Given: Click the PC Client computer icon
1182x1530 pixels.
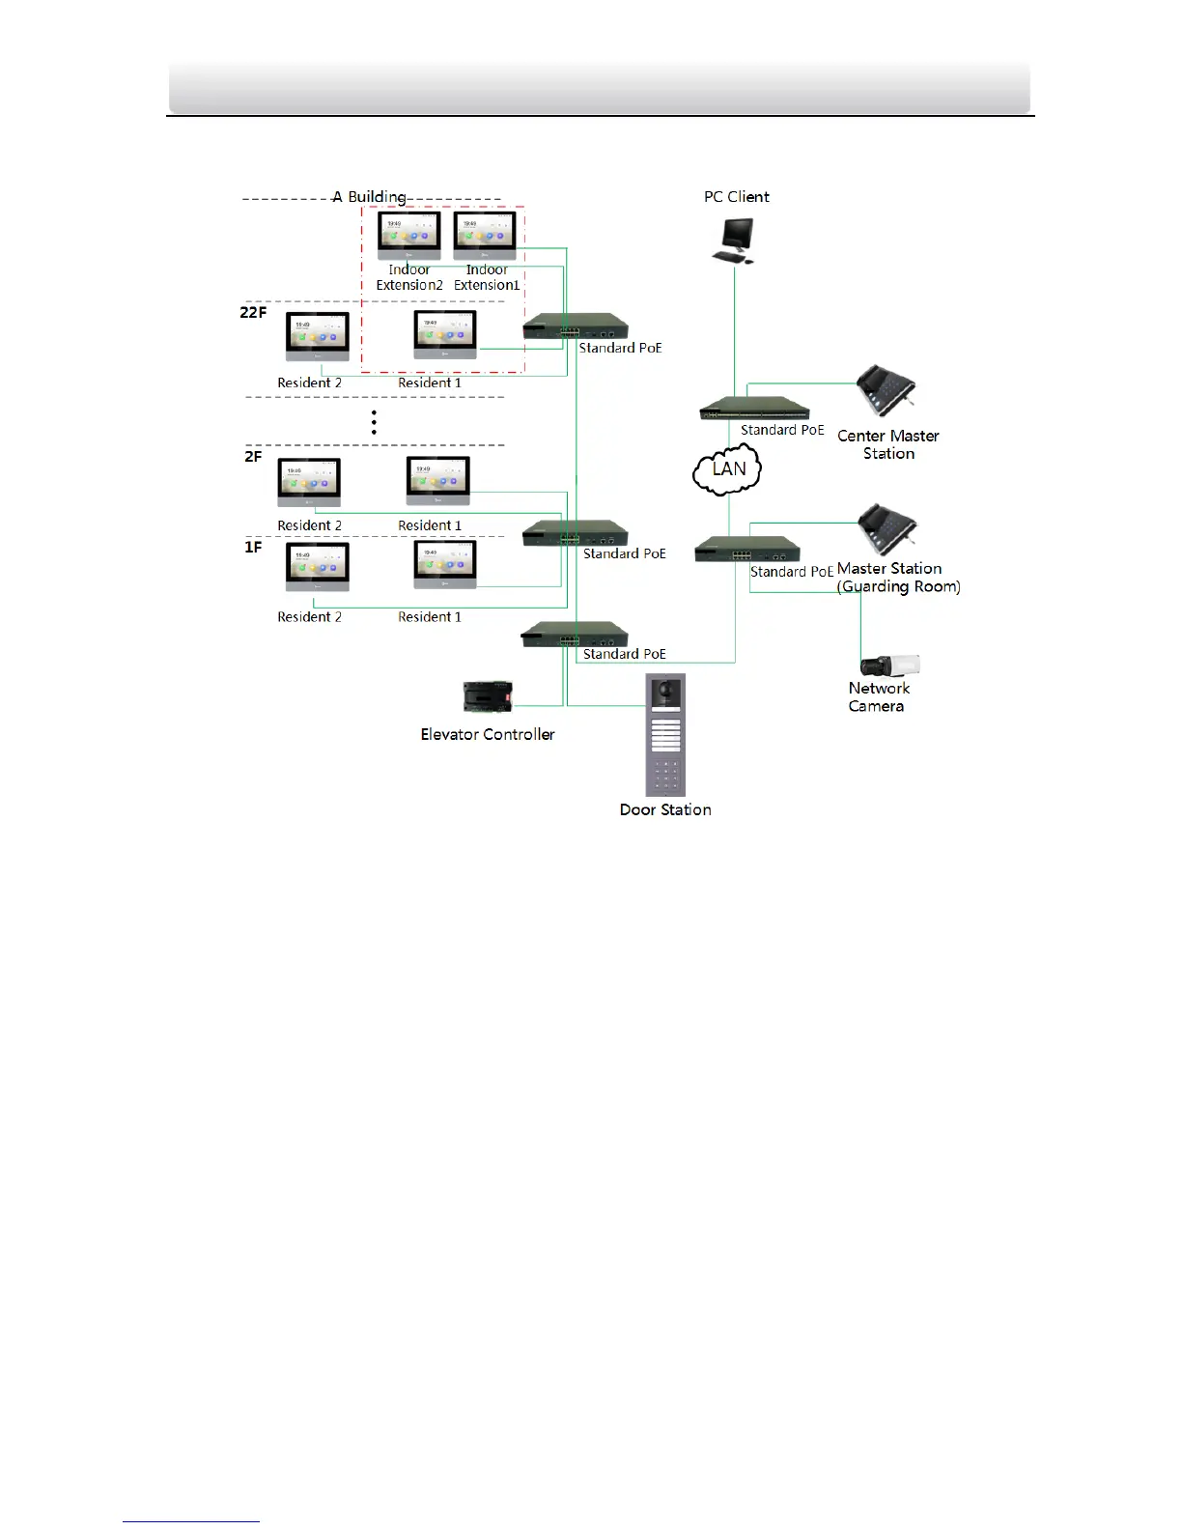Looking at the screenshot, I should click(x=734, y=240).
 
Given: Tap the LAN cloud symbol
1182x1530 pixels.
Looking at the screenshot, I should click(x=728, y=469).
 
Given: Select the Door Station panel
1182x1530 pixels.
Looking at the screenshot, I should click(x=665, y=734).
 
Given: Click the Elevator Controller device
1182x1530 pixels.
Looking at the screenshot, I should click(x=488, y=696).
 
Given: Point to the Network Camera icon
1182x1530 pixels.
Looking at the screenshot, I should click(x=889, y=666).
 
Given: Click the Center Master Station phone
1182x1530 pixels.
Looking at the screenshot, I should click(x=885, y=390).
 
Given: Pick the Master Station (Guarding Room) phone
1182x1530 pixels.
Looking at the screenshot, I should click(x=886, y=528).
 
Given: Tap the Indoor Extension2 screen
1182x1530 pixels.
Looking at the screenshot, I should click(x=409, y=235).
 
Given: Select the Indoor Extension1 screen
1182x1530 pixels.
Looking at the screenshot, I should click(x=485, y=235).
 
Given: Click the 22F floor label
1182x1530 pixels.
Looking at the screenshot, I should click(x=253, y=312).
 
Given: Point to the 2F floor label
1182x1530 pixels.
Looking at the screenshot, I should click(x=253, y=456).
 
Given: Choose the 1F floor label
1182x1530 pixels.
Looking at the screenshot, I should click(x=253, y=547).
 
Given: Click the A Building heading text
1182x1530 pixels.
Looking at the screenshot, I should click(x=369, y=197).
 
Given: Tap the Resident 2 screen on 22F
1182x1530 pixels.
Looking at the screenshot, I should click(x=318, y=336).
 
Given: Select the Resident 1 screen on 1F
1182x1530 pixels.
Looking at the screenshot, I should click(x=445, y=565).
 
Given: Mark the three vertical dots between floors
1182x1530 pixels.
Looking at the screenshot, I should click(x=374, y=422).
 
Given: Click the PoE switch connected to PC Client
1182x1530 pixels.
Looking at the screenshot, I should click(x=754, y=408).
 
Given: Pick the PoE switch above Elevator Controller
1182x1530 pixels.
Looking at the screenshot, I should click(x=575, y=634).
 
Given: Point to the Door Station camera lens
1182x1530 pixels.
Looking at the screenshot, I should click(x=665, y=694).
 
